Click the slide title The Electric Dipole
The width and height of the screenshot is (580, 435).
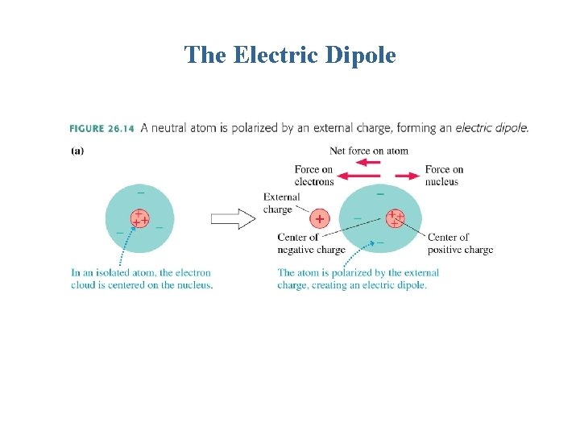click(290, 55)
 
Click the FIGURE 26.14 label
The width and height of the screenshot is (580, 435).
click(101, 128)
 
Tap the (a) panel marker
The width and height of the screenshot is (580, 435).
click(77, 150)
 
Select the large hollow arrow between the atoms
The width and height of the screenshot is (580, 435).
click(233, 219)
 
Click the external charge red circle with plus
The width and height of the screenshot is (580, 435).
click(320, 219)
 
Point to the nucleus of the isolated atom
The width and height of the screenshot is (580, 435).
click(139, 217)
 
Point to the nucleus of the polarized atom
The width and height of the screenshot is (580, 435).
click(395, 217)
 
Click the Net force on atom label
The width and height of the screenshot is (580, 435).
click(368, 151)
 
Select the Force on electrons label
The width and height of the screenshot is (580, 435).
click(314, 175)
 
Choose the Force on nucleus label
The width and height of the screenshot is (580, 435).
click(444, 175)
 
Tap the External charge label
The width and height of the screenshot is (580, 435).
click(282, 203)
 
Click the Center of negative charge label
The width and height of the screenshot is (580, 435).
click(311, 243)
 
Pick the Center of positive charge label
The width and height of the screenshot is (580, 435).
click(460, 243)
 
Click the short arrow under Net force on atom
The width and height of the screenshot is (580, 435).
click(368, 162)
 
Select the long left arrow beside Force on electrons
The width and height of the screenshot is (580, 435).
click(358, 176)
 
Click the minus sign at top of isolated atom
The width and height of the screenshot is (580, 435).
click(141, 193)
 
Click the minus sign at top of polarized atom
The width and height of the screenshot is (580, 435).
click(380, 193)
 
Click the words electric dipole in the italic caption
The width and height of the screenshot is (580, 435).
click(492, 128)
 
